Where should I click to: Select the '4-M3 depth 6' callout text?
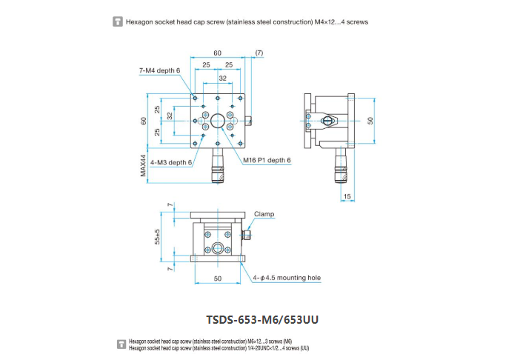pyautogui.click(x=171, y=161)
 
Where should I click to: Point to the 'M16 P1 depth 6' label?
pyautogui.click(x=267, y=161)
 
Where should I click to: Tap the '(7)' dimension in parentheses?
pyautogui.click(x=259, y=53)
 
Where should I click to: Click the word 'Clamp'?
pyautogui.click(x=264, y=214)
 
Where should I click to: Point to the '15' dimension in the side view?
pyautogui.click(x=347, y=196)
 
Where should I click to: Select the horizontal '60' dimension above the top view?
pyautogui.click(x=217, y=53)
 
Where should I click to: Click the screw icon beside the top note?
pyautogui.click(x=117, y=21)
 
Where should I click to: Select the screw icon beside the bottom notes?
pyautogui.click(x=121, y=344)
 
